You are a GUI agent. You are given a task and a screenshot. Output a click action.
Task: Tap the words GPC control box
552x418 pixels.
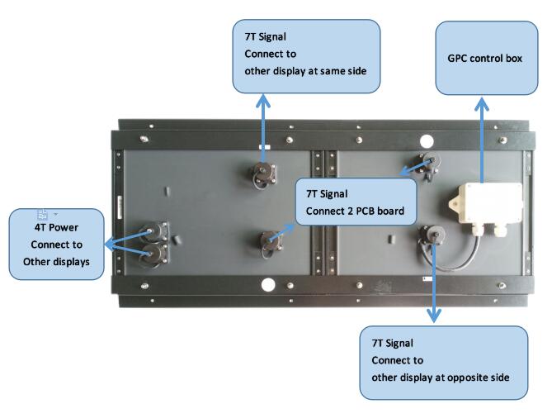485,60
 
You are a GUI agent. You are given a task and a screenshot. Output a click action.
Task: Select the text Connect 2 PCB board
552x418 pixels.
354,211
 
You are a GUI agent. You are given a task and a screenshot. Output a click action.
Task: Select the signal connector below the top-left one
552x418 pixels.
270,241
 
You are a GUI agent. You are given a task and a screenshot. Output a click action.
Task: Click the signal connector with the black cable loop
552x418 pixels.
429,237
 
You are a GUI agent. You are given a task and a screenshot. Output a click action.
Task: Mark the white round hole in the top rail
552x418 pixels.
427,140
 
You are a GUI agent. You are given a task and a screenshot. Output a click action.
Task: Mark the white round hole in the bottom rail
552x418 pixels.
268,285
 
